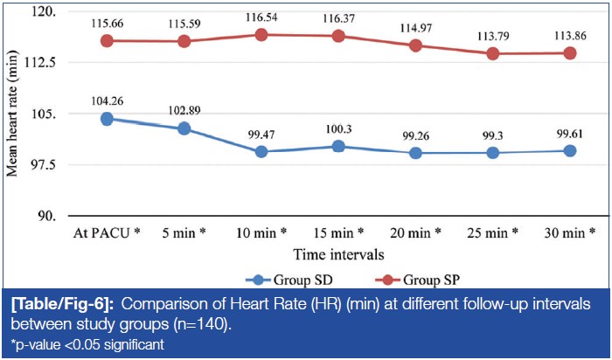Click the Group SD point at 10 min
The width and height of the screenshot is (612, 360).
coord(261,152)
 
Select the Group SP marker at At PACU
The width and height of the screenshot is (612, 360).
coord(107,40)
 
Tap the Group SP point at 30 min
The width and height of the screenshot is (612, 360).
coord(569,52)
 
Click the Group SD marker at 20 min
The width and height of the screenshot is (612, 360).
coord(415,153)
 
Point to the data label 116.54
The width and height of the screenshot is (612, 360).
coord(261,17)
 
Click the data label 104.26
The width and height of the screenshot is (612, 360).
coord(107,100)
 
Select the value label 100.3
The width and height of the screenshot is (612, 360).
coord(337,129)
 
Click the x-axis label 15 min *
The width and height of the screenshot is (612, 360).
coord(337,234)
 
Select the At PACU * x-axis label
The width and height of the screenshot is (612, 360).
coord(107,234)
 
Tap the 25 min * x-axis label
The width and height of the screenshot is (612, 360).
coord(492,234)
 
